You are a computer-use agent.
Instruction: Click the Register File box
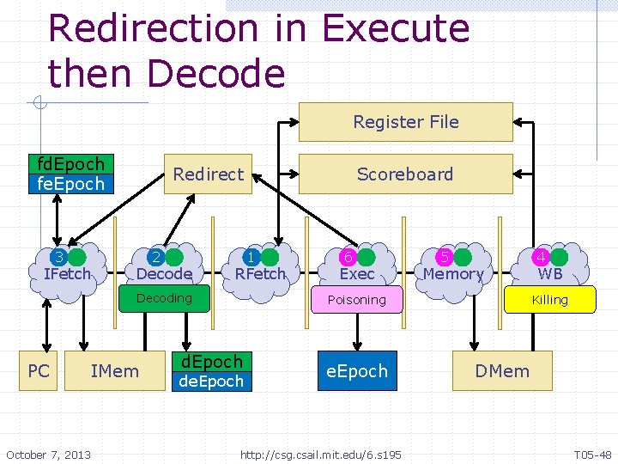pos(405,122)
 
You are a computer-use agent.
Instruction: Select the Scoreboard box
pos(405,174)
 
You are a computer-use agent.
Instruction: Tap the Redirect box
pos(208,174)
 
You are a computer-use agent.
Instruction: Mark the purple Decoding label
pos(164,298)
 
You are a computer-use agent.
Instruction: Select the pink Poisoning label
pos(357,300)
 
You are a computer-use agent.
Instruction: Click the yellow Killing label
pos(549,300)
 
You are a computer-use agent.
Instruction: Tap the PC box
pos(39,370)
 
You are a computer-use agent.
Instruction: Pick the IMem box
pos(114,370)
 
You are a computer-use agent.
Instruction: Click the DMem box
pos(502,370)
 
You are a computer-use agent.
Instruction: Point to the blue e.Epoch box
pos(357,370)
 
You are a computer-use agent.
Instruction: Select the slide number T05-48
pos(592,453)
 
